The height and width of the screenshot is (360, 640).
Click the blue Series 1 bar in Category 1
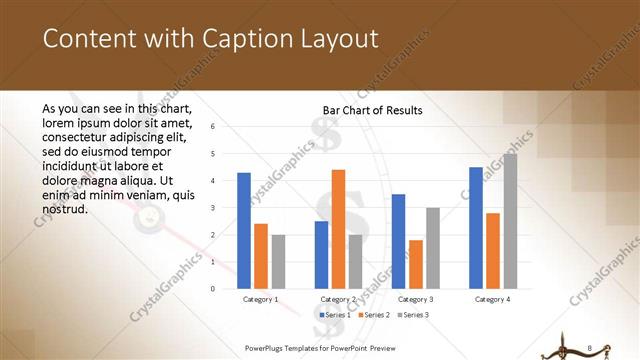(244, 231)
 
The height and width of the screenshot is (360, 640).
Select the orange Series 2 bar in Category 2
(338, 229)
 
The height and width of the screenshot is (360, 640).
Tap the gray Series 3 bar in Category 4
(510, 221)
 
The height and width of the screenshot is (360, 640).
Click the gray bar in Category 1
(278, 262)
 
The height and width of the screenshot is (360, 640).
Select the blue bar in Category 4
(475, 228)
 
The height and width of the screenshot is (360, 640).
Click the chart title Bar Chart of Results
(372, 110)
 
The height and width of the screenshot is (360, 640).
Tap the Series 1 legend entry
(337, 315)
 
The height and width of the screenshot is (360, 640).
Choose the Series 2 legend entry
(373, 315)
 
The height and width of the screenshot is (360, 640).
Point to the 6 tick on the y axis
(212, 127)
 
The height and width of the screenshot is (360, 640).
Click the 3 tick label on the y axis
(212, 208)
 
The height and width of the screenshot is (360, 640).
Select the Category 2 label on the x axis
(338, 299)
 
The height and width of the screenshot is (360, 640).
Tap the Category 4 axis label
(492, 299)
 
